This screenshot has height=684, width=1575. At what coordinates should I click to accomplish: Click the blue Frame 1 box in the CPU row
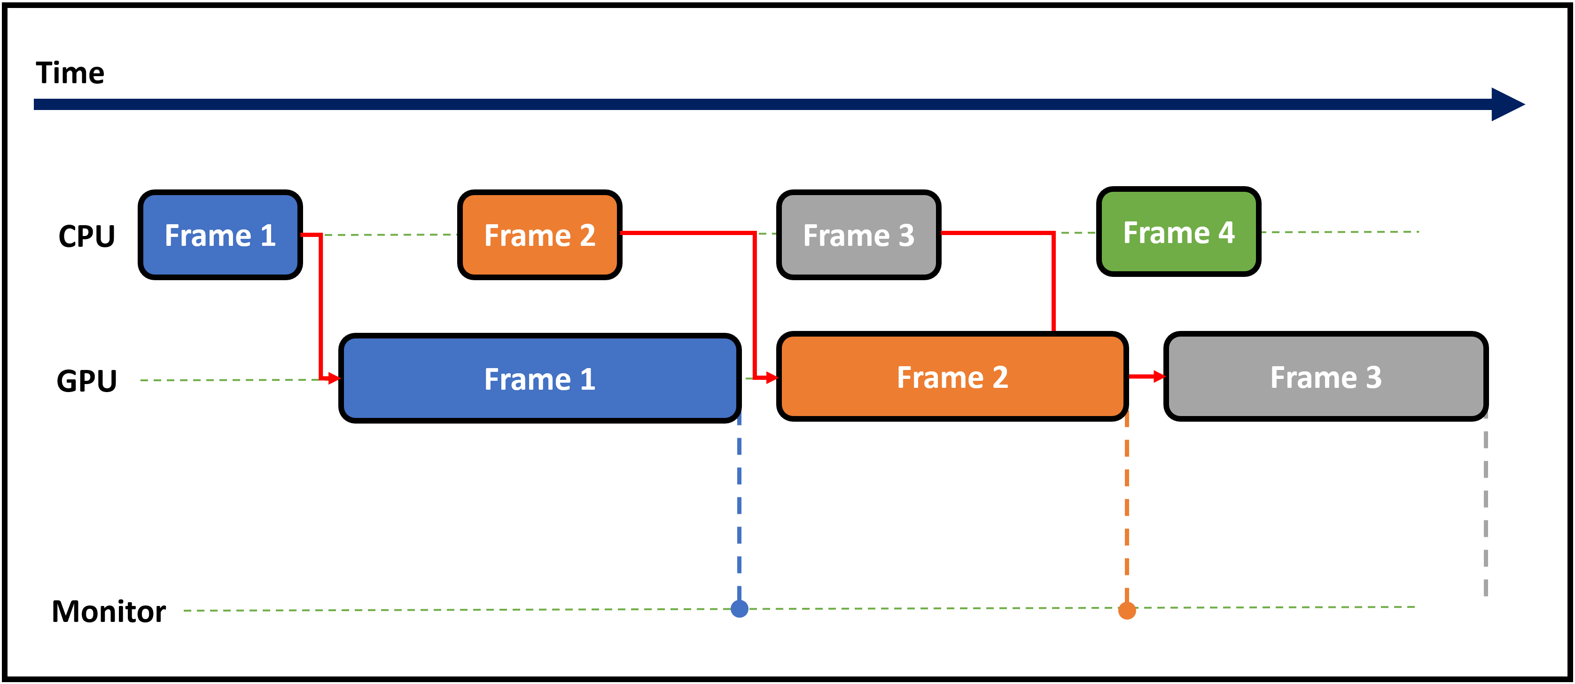(x=220, y=235)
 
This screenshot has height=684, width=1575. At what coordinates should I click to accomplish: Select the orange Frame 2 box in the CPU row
(x=539, y=235)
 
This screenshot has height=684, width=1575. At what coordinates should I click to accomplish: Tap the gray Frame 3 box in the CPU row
(x=858, y=235)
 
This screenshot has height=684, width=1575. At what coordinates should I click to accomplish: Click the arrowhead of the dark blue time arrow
(x=1508, y=105)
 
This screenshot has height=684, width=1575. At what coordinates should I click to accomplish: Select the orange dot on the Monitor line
(x=1127, y=611)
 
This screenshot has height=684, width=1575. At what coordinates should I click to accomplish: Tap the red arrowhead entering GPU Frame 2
(x=772, y=378)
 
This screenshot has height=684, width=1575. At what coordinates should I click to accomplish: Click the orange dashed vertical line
(x=1127, y=508)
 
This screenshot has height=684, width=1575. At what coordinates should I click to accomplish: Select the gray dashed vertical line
(x=1486, y=505)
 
